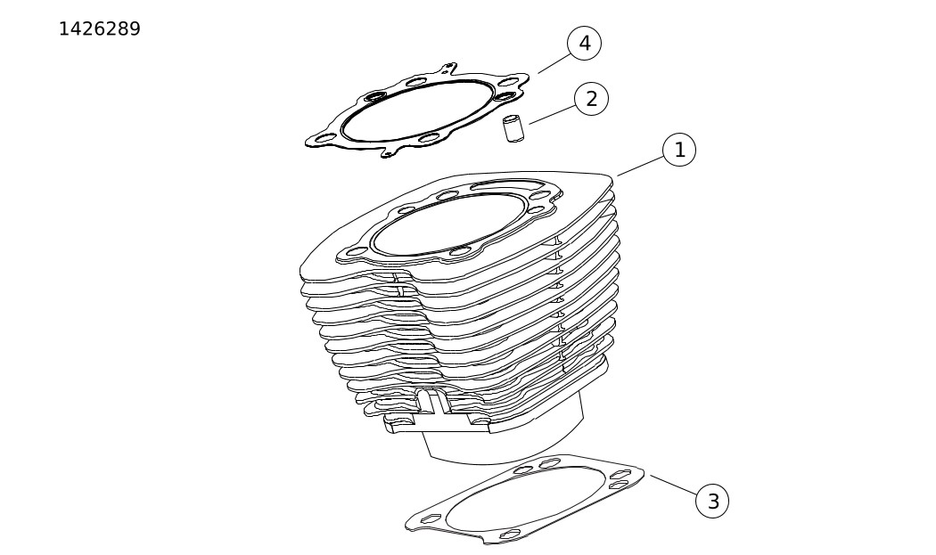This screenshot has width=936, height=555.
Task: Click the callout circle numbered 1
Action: pyautogui.click(x=679, y=149)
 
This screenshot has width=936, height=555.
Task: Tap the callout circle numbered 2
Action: pyautogui.click(x=592, y=99)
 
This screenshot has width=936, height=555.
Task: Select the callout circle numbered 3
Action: pyautogui.click(x=713, y=501)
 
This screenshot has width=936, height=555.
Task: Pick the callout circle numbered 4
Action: pyautogui.click(x=585, y=44)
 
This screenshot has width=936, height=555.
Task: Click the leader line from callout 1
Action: pyautogui.click(x=641, y=167)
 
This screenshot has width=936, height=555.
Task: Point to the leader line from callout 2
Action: pyautogui.click(x=553, y=115)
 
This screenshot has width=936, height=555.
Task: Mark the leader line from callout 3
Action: pyautogui.click(x=674, y=486)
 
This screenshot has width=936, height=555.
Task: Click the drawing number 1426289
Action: pyautogui.click(x=100, y=29)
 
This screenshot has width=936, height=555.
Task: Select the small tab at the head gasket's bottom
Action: pyautogui.click(x=389, y=153)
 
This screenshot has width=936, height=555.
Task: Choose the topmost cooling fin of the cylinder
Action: pyautogui.click(x=456, y=227)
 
